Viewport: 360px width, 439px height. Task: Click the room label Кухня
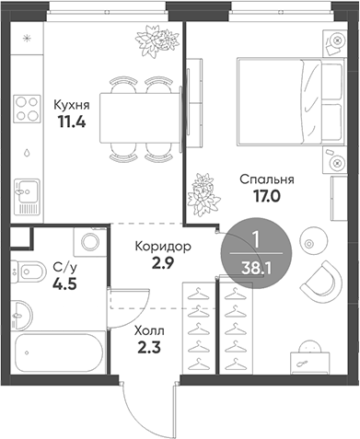pyautogui.click(x=72, y=105)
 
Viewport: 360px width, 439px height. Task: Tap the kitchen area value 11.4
pyautogui.click(x=72, y=122)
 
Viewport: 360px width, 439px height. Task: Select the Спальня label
pyautogui.click(x=267, y=179)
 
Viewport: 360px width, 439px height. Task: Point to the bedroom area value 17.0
pyautogui.click(x=267, y=196)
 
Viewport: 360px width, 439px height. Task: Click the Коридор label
pyautogui.click(x=163, y=247)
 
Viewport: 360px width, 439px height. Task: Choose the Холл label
pyautogui.click(x=149, y=331)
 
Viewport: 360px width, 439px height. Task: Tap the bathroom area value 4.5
pyautogui.click(x=64, y=284)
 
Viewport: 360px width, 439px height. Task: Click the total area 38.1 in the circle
pyautogui.click(x=256, y=269)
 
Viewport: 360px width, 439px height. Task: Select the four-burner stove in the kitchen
pyautogui.click(x=28, y=109)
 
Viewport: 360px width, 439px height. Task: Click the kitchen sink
pyautogui.click(x=28, y=196)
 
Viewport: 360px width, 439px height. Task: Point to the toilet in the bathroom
pyautogui.click(x=28, y=271)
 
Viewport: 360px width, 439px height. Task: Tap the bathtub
pyautogui.click(x=58, y=352)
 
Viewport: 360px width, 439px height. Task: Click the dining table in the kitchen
pyautogui.click(x=140, y=118)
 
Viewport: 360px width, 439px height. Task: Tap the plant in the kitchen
pyautogui.click(x=157, y=41)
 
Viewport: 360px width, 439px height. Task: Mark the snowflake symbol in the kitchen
pyautogui.click(x=28, y=39)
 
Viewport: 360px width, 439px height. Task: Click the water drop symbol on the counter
pyautogui.click(x=28, y=153)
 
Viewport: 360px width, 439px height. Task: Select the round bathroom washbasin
pyautogui.click(x=21, y=315)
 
